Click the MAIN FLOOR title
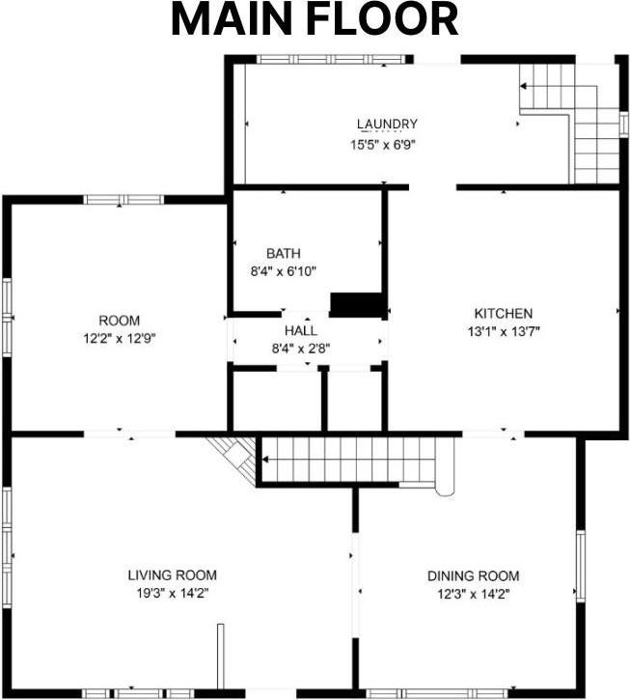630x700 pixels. pos(315,20)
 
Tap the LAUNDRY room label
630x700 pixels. pos(387,124)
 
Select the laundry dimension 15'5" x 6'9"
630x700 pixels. pos(383,145)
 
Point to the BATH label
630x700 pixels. pos(284,253)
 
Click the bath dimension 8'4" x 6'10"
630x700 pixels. pos(284,271)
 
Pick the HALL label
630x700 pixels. pos(301,331)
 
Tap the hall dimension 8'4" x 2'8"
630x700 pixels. pos(301,349)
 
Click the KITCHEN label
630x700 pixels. pos(504,314)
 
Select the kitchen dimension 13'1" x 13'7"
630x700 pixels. pos(504,332)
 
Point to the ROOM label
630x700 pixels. pos(119,321)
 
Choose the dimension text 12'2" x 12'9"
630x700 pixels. pos(119,338)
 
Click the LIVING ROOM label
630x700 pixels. pos(173,575)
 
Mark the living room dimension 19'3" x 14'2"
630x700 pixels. pos(173,593)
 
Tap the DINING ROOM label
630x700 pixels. pos(474,575)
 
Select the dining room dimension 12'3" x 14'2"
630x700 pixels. pos(474,594)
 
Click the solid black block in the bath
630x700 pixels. pos(357,305)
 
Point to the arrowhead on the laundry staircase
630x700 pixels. pos(523,86)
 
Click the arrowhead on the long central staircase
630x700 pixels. pos(265,460)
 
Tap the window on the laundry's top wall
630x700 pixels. pos(332,59)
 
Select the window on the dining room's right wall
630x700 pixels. pos(581,566)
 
